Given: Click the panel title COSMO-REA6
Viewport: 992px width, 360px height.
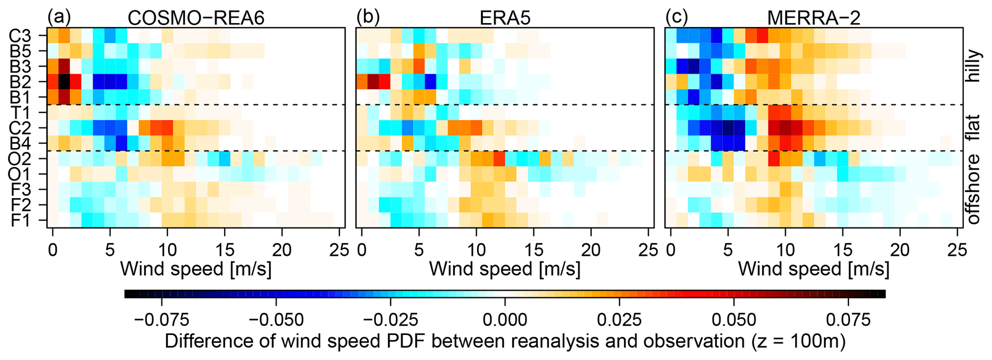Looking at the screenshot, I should point(196,18).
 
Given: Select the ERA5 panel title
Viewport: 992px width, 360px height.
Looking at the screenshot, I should point(505,18).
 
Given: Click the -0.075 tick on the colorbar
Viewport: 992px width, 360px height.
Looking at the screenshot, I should point(161,320).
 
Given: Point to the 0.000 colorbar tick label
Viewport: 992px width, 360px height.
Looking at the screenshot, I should point(505,320).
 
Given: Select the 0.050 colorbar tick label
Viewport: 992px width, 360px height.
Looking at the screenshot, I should point(734,320).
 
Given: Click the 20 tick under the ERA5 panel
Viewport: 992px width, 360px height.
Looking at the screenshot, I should point(591,250).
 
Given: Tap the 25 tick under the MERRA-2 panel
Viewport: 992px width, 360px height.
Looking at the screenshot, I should point(957,250).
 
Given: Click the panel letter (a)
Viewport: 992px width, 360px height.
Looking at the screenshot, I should point(59,17).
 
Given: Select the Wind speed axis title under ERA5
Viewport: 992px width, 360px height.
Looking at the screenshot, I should point(505,269).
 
